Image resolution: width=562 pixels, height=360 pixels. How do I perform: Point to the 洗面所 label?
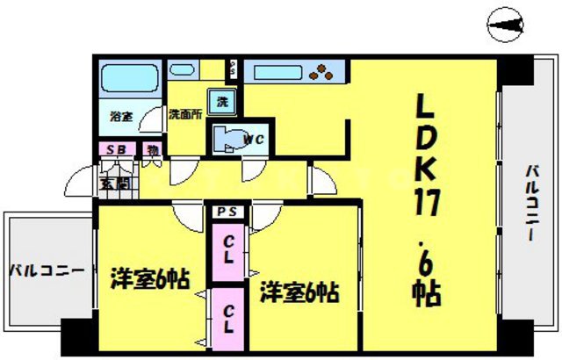[184, 114]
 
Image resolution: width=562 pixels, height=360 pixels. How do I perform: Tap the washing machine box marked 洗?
[222, 101]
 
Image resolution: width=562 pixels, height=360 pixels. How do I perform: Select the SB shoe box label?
[117, 150]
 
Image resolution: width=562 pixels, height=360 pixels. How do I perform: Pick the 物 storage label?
[151, 150]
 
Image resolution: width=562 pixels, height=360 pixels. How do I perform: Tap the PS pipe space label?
[229, 212]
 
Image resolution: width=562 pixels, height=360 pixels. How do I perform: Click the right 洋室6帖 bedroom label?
[299, 292]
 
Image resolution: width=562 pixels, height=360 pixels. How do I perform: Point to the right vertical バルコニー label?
[532, 205]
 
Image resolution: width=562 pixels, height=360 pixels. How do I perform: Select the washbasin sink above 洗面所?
[184, 68]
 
